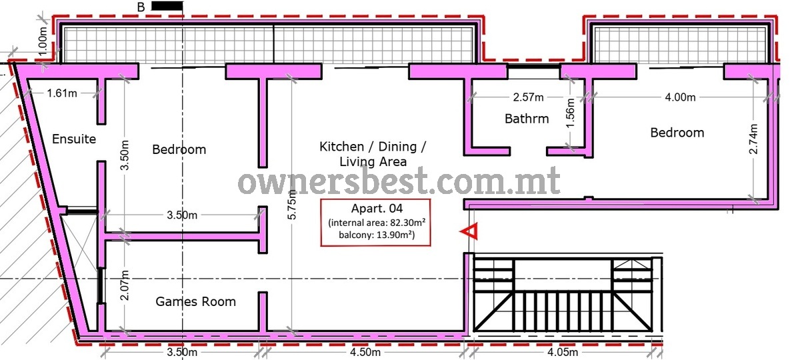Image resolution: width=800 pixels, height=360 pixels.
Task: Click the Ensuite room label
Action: pos(74,139)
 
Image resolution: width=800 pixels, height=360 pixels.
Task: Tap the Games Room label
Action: pos(196,302)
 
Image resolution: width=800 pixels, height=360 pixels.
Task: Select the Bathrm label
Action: pos(527,119)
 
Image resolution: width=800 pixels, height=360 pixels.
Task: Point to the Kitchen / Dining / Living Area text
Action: pos(373,154)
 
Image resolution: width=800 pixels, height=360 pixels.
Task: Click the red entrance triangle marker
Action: pos(469,231)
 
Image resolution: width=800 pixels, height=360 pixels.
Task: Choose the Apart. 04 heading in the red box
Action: pos(377,208)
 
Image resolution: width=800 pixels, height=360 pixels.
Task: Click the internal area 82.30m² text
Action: pos(377,223)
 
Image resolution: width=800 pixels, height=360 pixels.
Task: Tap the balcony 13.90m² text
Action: pos(377,235)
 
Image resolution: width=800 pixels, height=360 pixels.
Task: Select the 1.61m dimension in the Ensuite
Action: pos(62,93)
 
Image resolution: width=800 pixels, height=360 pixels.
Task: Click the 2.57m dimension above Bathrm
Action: pos(528,97)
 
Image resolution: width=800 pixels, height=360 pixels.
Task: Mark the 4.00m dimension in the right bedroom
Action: pos(680,97)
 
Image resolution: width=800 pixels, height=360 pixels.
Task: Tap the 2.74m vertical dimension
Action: pos(753,139)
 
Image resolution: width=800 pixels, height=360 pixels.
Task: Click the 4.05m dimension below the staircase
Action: pos(563,353)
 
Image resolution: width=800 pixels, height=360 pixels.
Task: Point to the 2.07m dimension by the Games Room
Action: pos(124,285)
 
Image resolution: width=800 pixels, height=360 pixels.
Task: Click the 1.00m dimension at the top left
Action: pos(43,41)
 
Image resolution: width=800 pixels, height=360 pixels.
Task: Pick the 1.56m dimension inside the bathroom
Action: pos(571,113)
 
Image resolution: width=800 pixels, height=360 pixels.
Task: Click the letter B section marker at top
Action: pos(141,7)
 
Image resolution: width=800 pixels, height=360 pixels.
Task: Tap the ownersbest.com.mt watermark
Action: pos(399,181)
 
